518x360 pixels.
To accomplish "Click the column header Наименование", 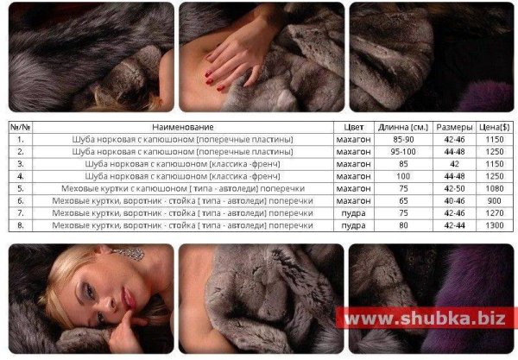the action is coord(183,127).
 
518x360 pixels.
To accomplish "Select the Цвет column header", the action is coord(353,127).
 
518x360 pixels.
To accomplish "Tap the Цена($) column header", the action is coord(494,127).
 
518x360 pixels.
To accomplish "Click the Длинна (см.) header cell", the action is coord(403,127).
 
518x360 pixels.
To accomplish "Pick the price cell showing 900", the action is coord(494,201).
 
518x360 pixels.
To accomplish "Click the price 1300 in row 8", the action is coord(495,225).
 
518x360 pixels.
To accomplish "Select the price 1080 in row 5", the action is coord(495,188).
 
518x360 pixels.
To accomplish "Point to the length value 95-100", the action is coord(403,152).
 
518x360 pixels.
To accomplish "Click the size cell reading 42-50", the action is coord(455,188).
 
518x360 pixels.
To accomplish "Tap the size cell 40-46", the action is coord(455,201).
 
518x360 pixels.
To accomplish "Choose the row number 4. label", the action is coord(21,176).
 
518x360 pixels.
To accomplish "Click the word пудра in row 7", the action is coord(353,213).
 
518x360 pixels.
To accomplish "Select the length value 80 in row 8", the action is coord(403,225).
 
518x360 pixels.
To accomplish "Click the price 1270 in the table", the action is coord(495,213).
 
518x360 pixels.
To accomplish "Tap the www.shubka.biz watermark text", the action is coord(425,318).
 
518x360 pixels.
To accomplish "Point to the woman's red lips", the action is coord(128,299).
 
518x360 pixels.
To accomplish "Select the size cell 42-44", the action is coord(455,225).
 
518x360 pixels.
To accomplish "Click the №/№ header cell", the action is coord(21,127).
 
